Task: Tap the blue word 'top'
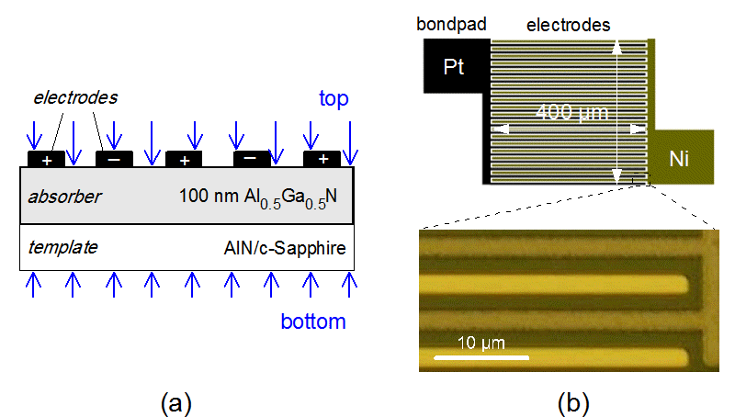pos(333,98)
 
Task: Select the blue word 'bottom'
pos(313,321)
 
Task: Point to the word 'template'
pos(62,248)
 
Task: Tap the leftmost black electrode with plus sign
pos(46,159)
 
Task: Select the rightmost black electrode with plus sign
pos(322,159)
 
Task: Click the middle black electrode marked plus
pos(184,159)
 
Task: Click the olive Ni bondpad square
pos(681,158)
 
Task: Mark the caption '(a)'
pos(175,401)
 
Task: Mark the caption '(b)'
pos(573,401)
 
